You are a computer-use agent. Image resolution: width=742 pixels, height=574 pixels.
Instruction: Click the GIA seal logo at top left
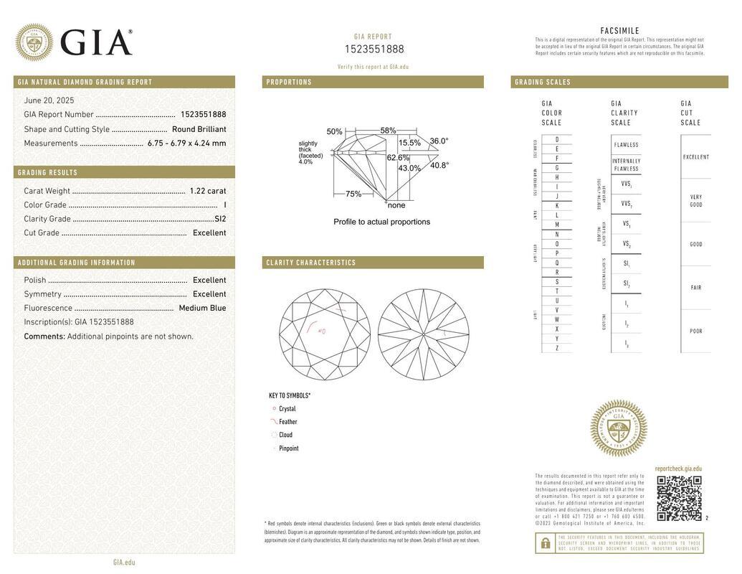[x=34, y=42]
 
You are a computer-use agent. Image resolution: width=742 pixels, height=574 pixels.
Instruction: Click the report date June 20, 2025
[x=49, y=100]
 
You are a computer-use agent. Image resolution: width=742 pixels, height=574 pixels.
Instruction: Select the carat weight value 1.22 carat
[x=207, y=191]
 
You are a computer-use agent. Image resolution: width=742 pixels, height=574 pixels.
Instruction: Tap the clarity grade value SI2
[x=219, y=219]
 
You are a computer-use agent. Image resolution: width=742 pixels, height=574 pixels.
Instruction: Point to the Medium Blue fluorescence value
[x=202, y=308]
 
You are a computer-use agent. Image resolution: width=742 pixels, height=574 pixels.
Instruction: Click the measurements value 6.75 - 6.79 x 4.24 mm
[x=186, y=143]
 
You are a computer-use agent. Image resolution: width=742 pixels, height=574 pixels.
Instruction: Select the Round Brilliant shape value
[x=199, y=129]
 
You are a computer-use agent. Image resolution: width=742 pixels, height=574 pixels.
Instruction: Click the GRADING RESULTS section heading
[x=47, y=173]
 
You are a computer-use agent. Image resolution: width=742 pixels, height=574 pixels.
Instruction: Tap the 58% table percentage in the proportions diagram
[x=388, y=131]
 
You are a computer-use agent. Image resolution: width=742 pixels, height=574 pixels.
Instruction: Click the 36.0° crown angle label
[x=439, y=141]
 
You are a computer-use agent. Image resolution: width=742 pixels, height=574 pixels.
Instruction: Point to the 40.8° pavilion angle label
[x=439, y=165]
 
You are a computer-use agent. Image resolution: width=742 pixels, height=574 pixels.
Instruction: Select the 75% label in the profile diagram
[x=353, y=194]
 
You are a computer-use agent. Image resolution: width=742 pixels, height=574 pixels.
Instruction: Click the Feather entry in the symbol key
[x=287, y=422]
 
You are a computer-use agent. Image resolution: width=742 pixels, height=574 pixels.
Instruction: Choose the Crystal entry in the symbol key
[x=287, y=409]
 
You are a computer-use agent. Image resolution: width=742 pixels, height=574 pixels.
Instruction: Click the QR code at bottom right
[x=679, y=497]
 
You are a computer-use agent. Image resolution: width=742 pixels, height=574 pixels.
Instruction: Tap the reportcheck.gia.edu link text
[x=678, y=469]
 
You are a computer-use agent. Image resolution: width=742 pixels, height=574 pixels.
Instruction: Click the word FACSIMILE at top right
[x=619, y=31]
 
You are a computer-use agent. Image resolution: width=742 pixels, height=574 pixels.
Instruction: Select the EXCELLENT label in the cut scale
[x=695, y=157]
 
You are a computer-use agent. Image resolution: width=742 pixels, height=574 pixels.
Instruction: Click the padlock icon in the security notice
[x=545, y=543]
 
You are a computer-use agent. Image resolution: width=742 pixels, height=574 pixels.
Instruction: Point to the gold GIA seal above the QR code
[x=618, y=428]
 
